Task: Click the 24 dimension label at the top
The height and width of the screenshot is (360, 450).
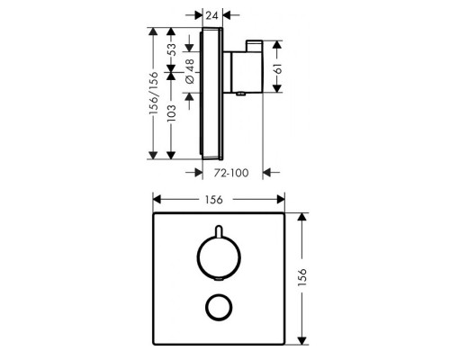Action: [x=213, y=15]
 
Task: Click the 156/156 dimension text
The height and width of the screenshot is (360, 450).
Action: [x=153, y=90]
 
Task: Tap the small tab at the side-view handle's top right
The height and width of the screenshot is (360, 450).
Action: [x=256, y=45]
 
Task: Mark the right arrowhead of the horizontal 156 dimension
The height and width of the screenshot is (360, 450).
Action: [x=283, y=202]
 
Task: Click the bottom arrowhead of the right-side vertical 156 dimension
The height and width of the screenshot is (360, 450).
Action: [x=302, y=340]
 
